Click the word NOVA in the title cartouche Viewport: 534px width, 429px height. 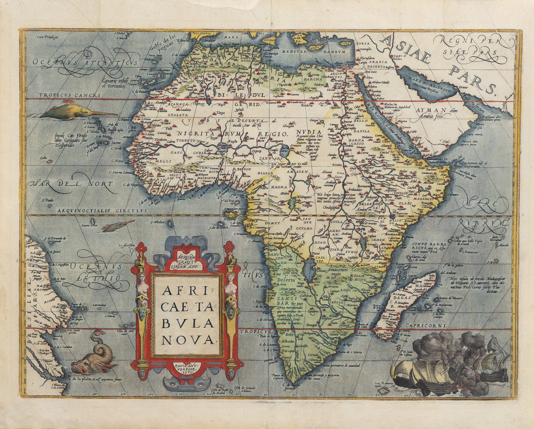[x=188, y=339]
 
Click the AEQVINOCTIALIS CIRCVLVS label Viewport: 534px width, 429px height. [x=102, y=210]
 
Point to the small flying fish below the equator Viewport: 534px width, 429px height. [x=118, y=225]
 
